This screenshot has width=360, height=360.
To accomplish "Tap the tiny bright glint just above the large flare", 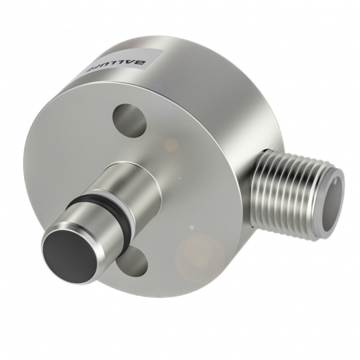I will tap(191, 227).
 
